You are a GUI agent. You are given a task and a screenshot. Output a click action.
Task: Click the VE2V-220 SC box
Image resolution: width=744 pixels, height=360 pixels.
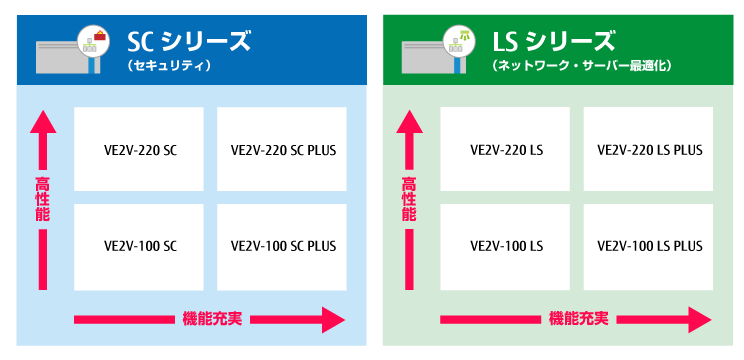point(139,150)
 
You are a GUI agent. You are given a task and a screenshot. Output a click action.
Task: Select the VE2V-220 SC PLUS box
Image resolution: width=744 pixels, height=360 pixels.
point(283,150)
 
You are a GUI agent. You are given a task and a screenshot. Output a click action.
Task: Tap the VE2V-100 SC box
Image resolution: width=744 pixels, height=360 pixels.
point(139,245)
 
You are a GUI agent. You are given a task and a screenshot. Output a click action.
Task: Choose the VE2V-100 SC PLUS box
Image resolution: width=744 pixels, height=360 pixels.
point(283,245)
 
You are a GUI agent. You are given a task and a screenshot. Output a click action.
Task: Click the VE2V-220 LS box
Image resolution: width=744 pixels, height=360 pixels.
point(505,150)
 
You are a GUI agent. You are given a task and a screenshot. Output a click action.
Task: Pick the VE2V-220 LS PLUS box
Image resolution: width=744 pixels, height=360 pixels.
point(649,150)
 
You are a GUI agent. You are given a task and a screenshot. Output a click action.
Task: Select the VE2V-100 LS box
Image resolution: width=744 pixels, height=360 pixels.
point(505,245)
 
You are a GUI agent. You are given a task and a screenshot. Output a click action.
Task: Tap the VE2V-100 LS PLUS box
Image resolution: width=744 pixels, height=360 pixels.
point(649,245)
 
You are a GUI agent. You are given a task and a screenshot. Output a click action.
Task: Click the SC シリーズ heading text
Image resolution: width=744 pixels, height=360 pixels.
point(187,42)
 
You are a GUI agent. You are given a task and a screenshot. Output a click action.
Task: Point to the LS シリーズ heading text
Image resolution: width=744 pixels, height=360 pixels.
point(553,42)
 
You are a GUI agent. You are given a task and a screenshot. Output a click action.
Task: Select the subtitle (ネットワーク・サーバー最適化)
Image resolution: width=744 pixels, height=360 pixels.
point(580,66)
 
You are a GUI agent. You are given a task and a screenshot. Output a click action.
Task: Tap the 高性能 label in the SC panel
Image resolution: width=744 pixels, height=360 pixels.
point(42,198)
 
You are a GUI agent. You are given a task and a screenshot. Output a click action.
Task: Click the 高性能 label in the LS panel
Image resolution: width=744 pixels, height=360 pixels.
point(408,198)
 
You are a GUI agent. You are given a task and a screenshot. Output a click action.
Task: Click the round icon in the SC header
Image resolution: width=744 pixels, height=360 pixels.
point(97,38)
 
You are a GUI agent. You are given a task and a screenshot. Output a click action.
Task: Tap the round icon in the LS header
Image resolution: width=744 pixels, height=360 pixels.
point(463,38)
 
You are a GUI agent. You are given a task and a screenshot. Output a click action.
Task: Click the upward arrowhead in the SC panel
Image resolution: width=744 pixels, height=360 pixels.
point(42,122)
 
